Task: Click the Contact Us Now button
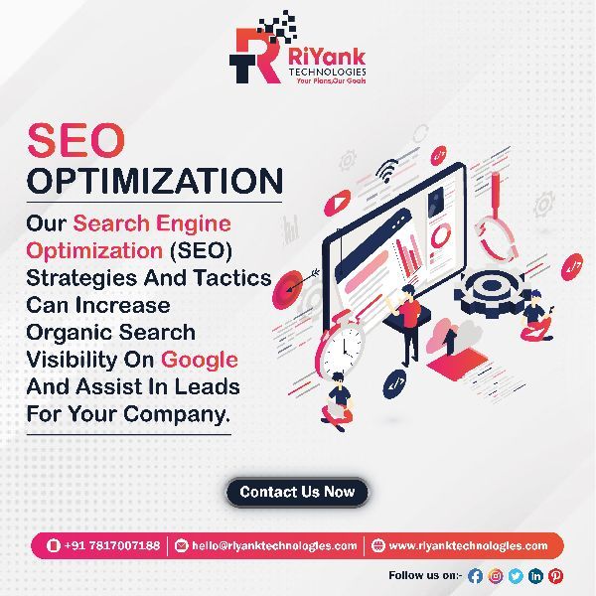coord(297,492)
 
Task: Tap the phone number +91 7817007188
coord(103,545)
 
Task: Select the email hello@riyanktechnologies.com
coord(265,545)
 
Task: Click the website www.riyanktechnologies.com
coord(467,545)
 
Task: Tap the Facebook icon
coord(475,575)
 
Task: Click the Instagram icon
coord(495,575)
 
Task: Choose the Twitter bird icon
coord(516,575)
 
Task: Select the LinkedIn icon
coord(536,575)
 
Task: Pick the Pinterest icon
coord(556,575)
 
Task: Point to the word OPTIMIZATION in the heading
coord(154,181)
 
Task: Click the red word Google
coord(200,359)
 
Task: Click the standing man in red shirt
coord(408,323)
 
